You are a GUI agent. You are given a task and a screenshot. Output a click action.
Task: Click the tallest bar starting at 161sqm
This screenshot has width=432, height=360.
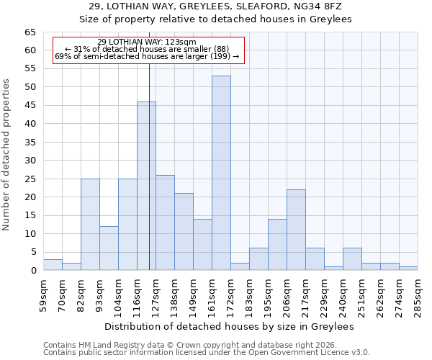click(221, 173)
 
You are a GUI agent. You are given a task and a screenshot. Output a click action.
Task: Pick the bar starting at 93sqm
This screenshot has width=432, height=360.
click(109, 248)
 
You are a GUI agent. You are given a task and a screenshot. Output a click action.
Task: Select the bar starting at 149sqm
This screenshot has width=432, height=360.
click(202, 245)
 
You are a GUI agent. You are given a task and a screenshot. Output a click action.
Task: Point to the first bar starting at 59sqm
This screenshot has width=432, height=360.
click(53, 265)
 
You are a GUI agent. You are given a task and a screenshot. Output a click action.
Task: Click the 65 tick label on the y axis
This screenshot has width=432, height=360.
click(30, 32)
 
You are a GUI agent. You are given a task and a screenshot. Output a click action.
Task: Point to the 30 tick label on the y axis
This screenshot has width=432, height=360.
click(30, 161)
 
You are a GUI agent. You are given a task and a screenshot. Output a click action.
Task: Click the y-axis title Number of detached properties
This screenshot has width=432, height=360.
click(7, 155)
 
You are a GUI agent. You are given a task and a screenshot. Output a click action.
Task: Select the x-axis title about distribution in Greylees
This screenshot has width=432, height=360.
click(229, 326)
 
